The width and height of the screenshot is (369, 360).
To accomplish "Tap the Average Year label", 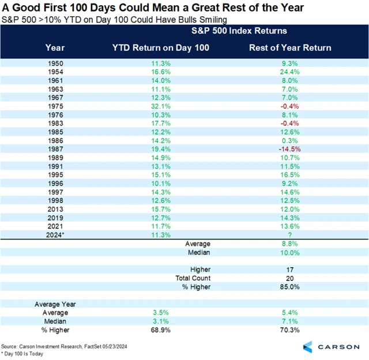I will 55,304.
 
